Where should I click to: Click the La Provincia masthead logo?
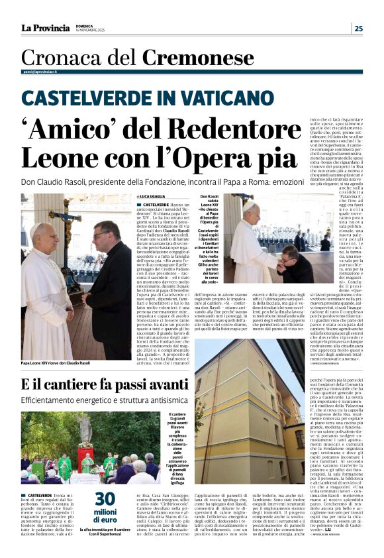(x=45, y=28)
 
